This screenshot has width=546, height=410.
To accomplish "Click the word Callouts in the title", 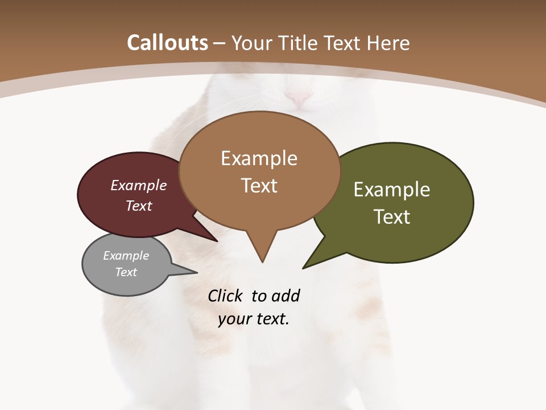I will [x=167, y=43].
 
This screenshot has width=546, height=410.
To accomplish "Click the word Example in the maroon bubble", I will [x=139, y=186].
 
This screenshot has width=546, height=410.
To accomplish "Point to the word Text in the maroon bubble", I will [x=139, y=206].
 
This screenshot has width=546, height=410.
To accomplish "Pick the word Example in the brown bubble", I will [x=259, y=158].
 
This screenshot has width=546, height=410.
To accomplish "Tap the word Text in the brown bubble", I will [x=259, y=186].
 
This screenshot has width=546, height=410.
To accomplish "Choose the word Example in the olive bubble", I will [x=392, y=189].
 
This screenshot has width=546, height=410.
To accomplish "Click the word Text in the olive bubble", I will [x=392, y=217].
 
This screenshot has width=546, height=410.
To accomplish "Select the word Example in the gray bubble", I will [x=126, y=256].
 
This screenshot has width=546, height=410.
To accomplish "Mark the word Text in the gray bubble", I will [x=126, y=272].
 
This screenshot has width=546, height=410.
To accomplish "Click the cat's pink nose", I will [x=298, y=98].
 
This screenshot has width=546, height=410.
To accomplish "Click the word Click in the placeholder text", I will [x=226, y=296].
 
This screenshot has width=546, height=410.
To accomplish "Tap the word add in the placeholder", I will [x=286, y=296].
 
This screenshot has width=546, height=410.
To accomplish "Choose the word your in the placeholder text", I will [x=234, y=319].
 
